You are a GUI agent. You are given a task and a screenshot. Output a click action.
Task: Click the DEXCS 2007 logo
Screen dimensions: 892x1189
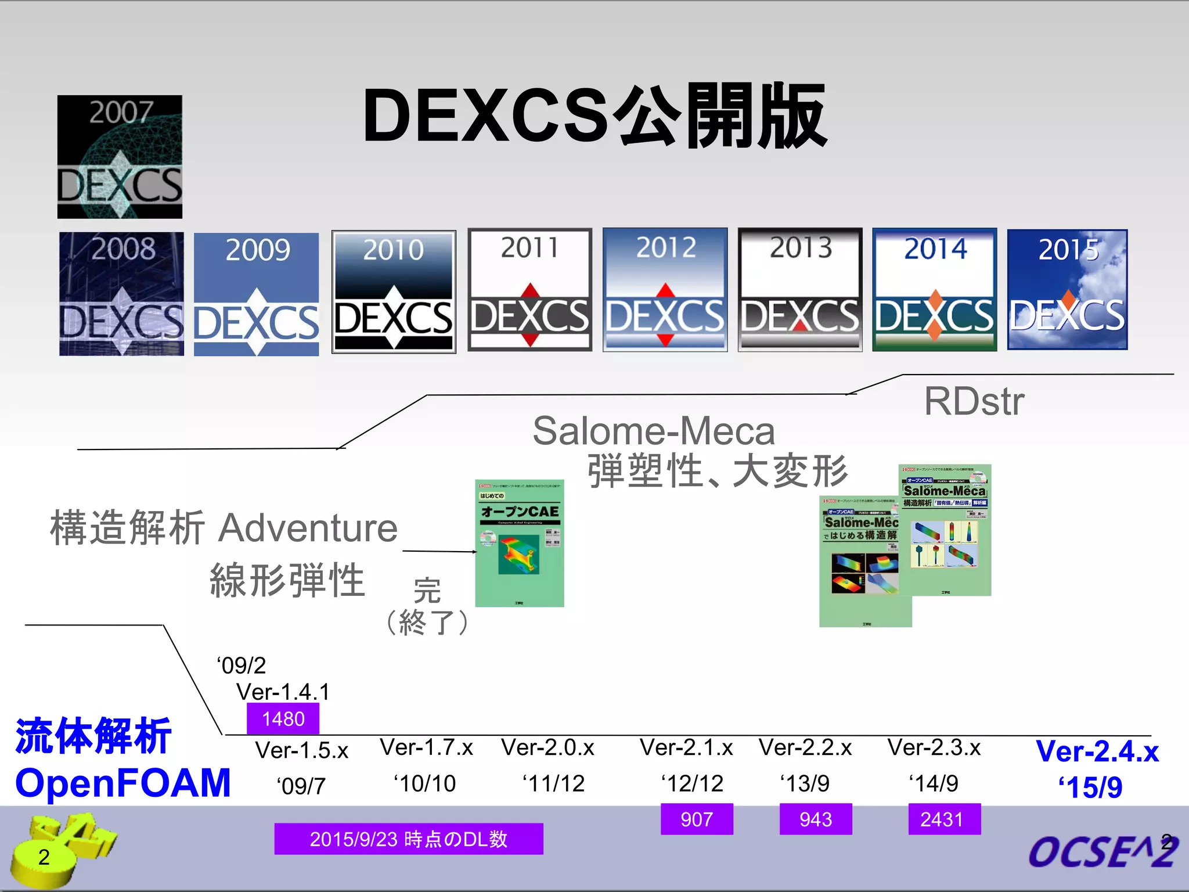(x=120, y=157)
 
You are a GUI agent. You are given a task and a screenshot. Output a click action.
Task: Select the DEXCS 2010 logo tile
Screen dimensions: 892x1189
(x=394, y=292)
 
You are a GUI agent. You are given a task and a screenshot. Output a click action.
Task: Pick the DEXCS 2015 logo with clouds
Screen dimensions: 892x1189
(x=1067, y=290)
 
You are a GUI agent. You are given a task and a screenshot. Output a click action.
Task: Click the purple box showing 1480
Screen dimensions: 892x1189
(x=283, y=719)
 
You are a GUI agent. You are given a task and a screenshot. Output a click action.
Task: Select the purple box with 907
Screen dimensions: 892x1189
(x=697, y=819)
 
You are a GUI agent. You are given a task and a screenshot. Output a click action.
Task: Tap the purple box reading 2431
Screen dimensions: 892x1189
(x=944, y=819)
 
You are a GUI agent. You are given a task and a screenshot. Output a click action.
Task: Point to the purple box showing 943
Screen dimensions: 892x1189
(x=816, y=819)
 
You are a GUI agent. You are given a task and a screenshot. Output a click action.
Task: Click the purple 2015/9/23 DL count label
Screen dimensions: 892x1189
(x=409, y=839)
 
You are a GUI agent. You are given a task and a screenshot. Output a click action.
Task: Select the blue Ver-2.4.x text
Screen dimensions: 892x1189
(x=1097, y=751)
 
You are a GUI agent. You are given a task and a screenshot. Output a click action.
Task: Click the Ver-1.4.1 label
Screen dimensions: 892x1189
(x=283, y=692)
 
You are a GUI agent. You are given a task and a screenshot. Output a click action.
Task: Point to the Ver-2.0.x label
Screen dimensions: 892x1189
(x=547, y=747)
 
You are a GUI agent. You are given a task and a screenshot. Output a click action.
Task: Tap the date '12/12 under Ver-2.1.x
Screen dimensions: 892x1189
(x=692, y=783)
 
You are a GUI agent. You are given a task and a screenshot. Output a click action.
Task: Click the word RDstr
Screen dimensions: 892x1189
(x=974, y=401)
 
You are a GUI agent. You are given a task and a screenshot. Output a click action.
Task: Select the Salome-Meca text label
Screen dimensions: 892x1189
(x=654, y=431)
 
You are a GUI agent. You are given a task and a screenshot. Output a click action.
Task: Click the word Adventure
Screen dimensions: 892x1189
(x=308, y=528)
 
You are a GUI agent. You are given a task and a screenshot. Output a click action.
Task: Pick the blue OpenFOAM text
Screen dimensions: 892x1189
(x=123, y=783)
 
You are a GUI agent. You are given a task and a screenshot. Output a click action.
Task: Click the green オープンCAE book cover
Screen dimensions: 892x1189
(x=520, y=544)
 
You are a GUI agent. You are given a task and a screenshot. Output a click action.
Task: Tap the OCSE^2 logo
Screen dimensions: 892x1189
(x=1102, y=851)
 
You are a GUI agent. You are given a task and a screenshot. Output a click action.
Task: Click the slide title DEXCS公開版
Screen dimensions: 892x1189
(x=594, y=116)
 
